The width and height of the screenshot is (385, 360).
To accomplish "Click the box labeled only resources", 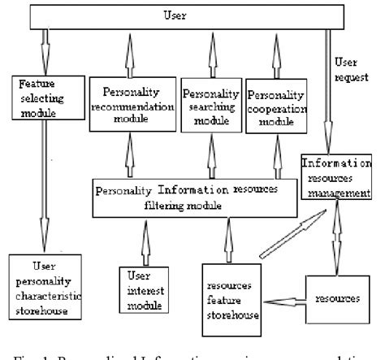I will pos(339,298).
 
